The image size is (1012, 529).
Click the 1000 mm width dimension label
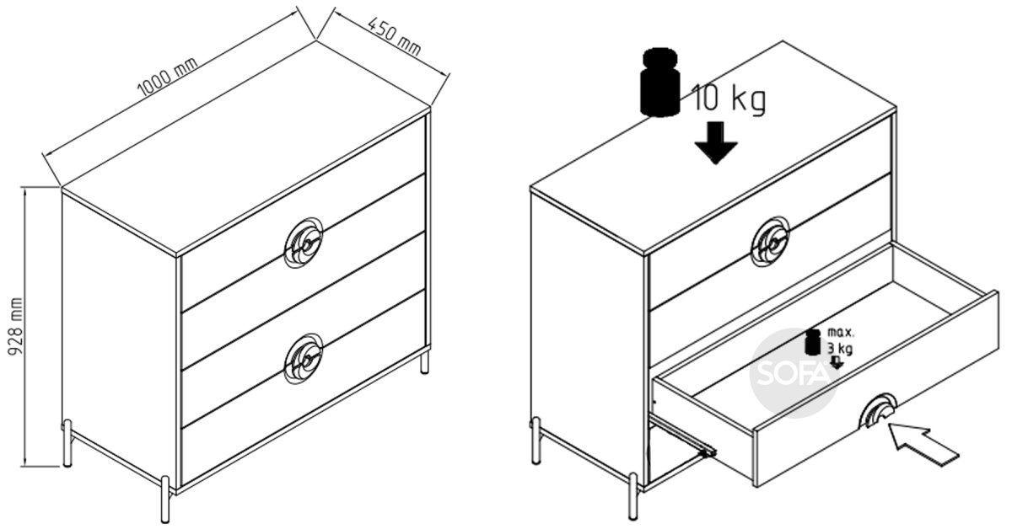coord(168,77)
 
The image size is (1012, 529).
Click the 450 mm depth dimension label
coord(394,36)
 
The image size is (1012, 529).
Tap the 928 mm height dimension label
coord(15,326)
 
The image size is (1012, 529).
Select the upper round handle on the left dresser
coord(304,243)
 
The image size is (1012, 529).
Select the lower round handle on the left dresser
coord(304,359)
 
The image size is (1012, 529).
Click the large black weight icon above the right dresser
coord(660,82)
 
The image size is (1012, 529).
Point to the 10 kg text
coord(729,99)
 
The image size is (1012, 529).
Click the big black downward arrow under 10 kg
coord(716,142)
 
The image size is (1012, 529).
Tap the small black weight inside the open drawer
coord(813,342)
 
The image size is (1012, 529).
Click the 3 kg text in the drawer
coord(839,349)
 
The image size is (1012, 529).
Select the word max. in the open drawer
coord(840,333)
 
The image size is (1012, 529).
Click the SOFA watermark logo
coord(794,373)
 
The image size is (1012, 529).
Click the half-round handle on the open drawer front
coord(877,412)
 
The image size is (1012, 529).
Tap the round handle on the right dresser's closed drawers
coord(770,243)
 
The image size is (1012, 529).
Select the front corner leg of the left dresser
coord(165,500)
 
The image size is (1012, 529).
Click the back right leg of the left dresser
coord(425,363)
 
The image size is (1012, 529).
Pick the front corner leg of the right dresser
coord(633,496)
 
